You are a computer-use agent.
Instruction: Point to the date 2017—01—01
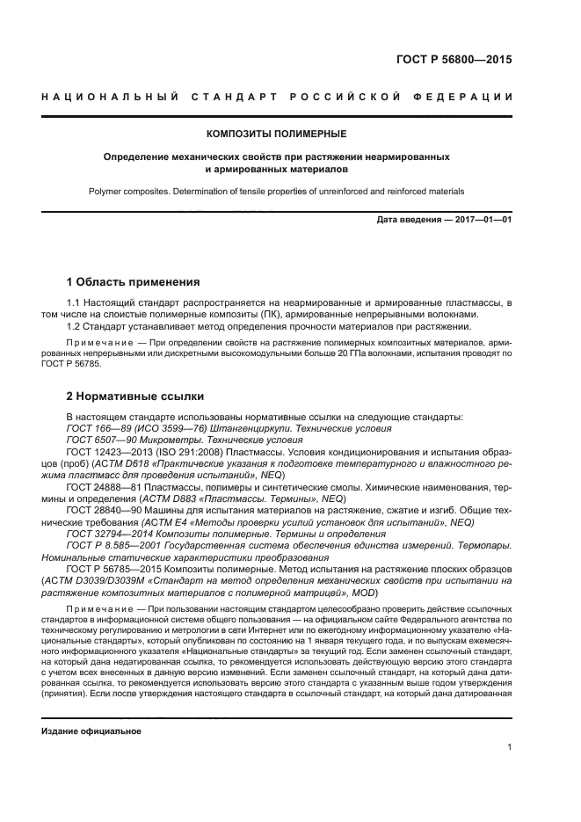(481, 220)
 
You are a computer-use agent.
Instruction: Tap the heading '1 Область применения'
(133, 282)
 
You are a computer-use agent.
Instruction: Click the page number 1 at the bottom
(509, 747)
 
